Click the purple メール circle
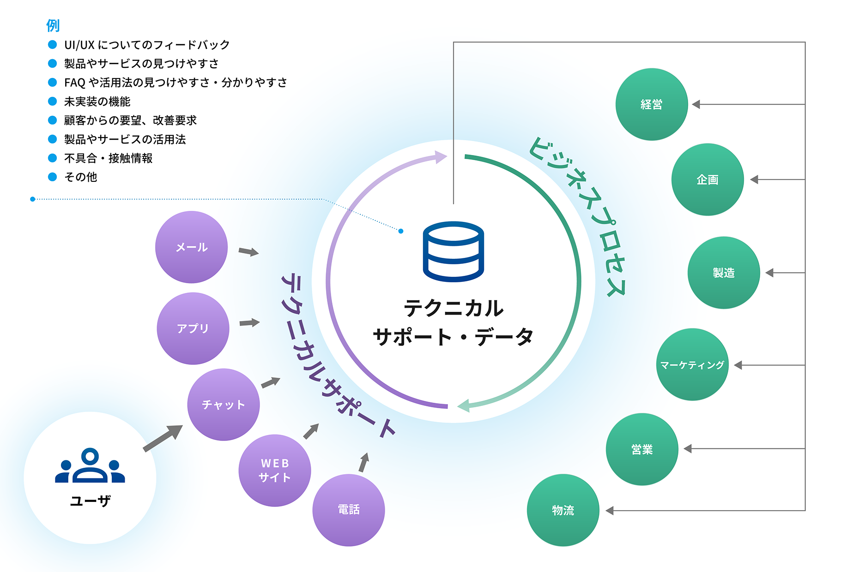pyautogui.click(x=191, y=247)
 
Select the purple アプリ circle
pyautogui.click(x=193, y=328)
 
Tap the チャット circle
pyautogui.click(x=224, y=405)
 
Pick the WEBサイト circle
pyautogui.click(x=275, y=471)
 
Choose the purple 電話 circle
pyautogui.click(x=349, y=510)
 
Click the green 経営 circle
pyautogui.click(x=652, y=104)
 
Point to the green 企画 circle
pyautogui.click(x=708, y=179)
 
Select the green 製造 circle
pyautogui.click(x=724, y=273)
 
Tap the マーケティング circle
pyautogui.click(x=692, y=364)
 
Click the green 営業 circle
pyautogui.click(x=642, y=449)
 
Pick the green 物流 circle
pyautogui.click(x=563, y=510)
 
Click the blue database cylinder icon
pyautogui.click(x=454, y=251)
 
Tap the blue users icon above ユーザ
pyautogui.click(x=90, y=466)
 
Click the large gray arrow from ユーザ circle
pyautogui.click(x=163, y=438)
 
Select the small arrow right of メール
pyautogui.click(x=248, y=252)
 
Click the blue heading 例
pyautogui.click(x=53, y=25)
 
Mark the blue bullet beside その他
pyautogui.click(x=53, y=177)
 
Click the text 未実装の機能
pyautogui.click(x=97, y=101)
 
